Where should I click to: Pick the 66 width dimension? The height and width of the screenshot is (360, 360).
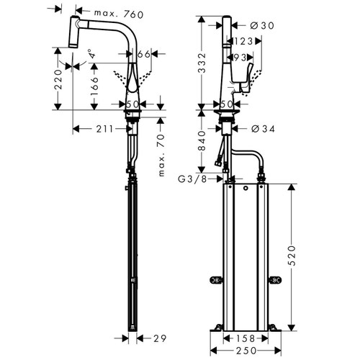pyautogui.click(x=143, y=54)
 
